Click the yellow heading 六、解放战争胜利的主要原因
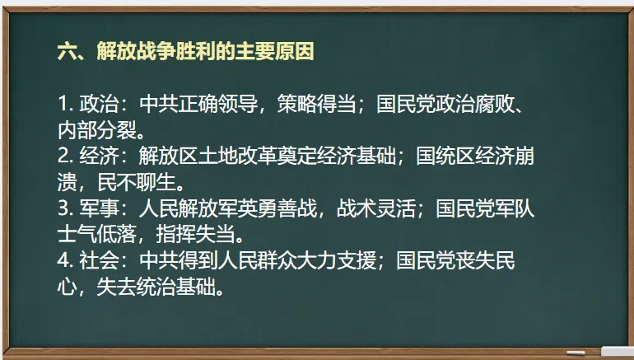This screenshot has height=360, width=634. point(185,52)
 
